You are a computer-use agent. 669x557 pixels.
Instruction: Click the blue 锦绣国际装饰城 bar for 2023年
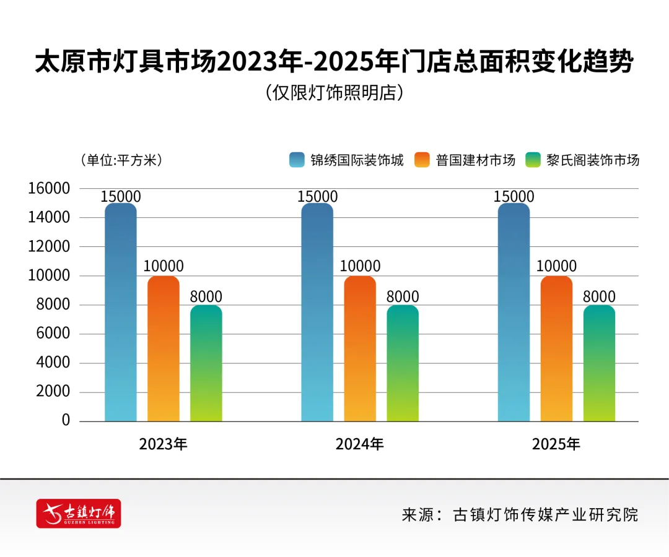pyautogui.click(x=121, y=313)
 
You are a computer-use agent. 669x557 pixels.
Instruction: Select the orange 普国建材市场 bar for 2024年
pyautogui.click(x=360, y=348)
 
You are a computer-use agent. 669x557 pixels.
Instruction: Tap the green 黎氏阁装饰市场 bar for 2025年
pyautogui.click(x=599, y=363)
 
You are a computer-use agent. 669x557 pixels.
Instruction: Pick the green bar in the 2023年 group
pyautogui.click(x=206, y=363)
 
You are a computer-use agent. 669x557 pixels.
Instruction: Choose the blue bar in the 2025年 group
pyautogui.click(x=514, y=313)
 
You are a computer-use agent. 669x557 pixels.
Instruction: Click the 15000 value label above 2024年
pyautogui.click(x=317, y=197)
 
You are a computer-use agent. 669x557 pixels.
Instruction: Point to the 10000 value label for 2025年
pyautogui.click(x=556, y=267)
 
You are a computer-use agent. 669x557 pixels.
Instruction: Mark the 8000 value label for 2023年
pyautogui.click(x=206, y=296)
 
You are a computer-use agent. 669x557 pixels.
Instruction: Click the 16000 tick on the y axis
pyautogui.click(x=50, y=189)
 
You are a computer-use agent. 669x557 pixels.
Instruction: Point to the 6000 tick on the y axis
pyautogui.click(x=53, y=334)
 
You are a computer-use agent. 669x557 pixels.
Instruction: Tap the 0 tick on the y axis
pyautogui.click(x=66, y=421)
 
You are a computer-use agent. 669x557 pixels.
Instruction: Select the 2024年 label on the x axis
pyautogui.click(x=360, y=444)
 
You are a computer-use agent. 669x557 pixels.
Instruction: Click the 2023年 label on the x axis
pyautogui.click(x=163, y=444)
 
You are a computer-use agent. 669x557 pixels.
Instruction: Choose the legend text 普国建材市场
pyautogui.click(x=475, y=160)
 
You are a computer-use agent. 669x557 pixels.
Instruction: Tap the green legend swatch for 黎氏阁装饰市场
pyautogui.click(x=533, y=160)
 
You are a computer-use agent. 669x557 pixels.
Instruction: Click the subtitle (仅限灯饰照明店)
pyautogui.click(x=334, y=93)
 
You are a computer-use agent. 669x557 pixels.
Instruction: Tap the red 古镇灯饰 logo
pyautogui.click(x=79, y=513)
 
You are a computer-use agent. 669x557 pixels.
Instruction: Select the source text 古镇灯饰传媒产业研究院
pyautogui.click(x=545, y=514)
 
